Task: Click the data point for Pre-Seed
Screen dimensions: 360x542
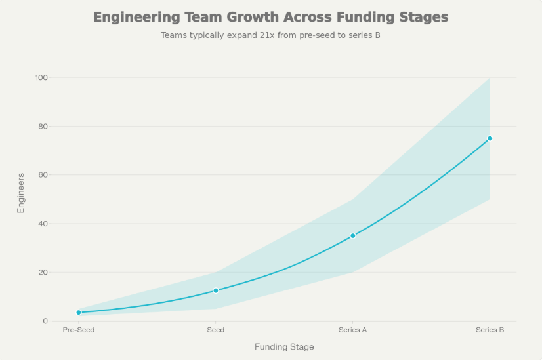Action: pos(79,312)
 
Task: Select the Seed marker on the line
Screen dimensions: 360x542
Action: pos(216,290)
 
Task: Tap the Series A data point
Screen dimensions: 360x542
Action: pos(352,235)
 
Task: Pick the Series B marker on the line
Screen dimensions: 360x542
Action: pos(490,138)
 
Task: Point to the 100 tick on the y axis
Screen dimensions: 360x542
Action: pos(42,78)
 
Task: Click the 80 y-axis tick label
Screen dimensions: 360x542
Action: pos(44,127)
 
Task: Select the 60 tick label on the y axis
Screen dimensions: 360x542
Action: pos(44,175)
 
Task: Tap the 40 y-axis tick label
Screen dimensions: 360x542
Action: pos(44,224)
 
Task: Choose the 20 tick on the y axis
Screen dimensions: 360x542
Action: pos(44,272)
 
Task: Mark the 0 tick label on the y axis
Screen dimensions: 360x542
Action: pos(46,321)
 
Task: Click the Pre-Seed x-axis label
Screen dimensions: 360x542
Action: pos(79,330)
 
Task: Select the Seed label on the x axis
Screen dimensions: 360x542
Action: pos(216,330)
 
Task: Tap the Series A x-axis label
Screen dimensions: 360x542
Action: pos(352,330)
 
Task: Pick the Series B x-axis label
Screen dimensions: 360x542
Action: pos(490,330)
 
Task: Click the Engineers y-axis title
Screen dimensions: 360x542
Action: pos(21,193)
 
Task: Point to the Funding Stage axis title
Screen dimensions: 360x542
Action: pos(284,346)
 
